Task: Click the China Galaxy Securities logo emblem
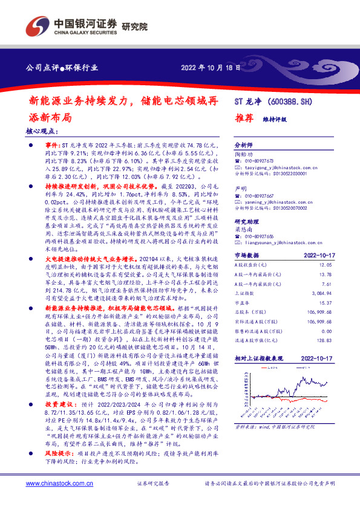[35, 27]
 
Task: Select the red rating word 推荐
[243, 118]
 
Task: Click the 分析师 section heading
[243, 146]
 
